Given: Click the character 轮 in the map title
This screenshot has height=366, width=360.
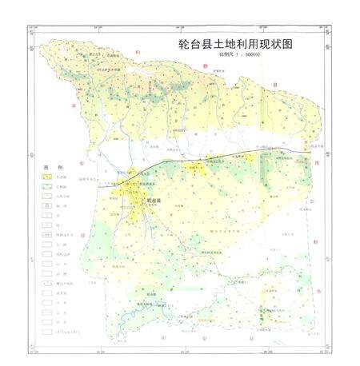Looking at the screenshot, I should point(182,47).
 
